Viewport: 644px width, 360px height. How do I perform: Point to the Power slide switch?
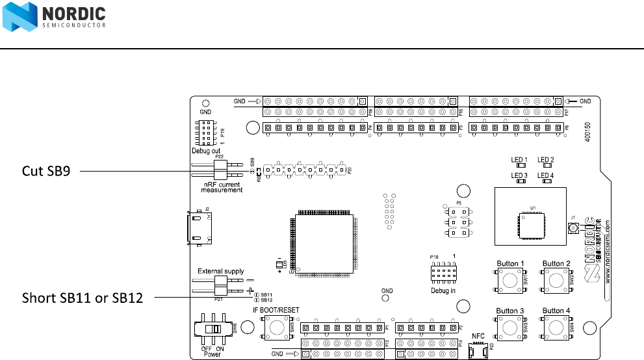(212, 329)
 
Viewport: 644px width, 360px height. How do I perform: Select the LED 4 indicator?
(545, 182)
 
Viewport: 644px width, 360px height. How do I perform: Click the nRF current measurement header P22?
(219, 171)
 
